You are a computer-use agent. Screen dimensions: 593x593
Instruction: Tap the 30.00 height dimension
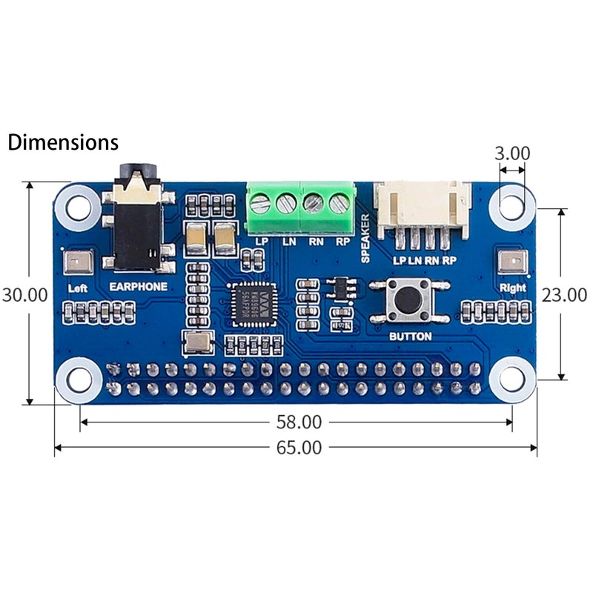coord(24,294)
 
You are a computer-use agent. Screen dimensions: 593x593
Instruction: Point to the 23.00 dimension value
coord(564,294)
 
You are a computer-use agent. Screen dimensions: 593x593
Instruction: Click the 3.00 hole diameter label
coord(512,153)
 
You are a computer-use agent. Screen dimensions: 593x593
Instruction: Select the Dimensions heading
coord(63,142)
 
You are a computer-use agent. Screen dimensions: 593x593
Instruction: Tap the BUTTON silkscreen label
coord(410,336)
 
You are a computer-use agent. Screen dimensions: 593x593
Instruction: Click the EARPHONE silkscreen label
coord(139,285)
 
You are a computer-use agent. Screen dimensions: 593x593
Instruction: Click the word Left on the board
coord(77,288)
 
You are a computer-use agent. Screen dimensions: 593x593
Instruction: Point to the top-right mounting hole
coord(511,203)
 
